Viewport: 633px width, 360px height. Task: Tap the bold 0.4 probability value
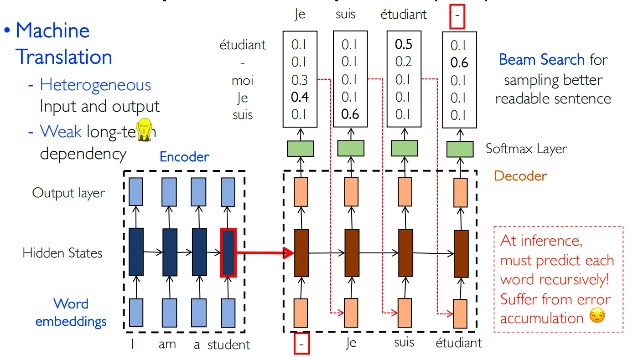pyautogui.click(x=300, y=97)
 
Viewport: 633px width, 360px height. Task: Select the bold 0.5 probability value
pyautogui.click(x=403, y=44)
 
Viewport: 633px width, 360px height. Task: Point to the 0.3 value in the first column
pyautogui.click(x=300, y=80)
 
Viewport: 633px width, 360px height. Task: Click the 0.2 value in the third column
pyautogui.click(x=403, y=62)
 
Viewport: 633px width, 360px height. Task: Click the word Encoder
pyautogui.click(x=184, y=157)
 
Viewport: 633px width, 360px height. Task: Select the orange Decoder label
pyautogui.click(x=520, y=176)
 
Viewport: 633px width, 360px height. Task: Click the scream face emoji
pyautogui.click(x=145, y=129)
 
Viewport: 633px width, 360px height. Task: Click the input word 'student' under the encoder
pyautogui.click(x=228, y=345)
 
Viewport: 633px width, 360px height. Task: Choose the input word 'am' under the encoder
pyautogui.click(x=167, y=345)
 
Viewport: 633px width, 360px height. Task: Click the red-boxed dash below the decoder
pyautogui.click(x=301, y=344)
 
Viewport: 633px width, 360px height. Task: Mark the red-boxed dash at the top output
pyautogui.click(x=457, y=18)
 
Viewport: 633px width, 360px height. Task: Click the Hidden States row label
pyautogui.click(x=62, y=253)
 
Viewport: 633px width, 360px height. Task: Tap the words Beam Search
pyautogui.click(x=541, y=60)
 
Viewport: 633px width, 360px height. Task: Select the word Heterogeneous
pyautogui.click(x=95, y=85)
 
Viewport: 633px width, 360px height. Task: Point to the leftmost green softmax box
pyautogui.click(x=300, y=149)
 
